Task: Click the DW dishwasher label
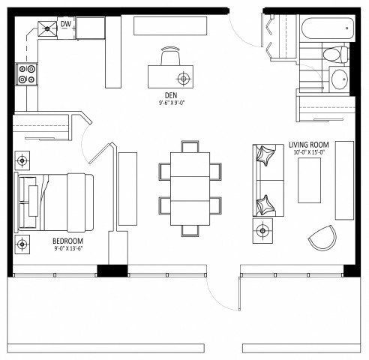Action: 66,25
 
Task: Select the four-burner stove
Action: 27,75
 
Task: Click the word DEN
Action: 170,95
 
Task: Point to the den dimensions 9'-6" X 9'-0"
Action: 170,104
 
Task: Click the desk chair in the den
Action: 170,56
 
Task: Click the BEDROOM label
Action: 67,241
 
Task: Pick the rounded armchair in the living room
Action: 323,239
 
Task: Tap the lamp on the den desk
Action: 182,78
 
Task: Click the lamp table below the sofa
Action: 263,230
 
